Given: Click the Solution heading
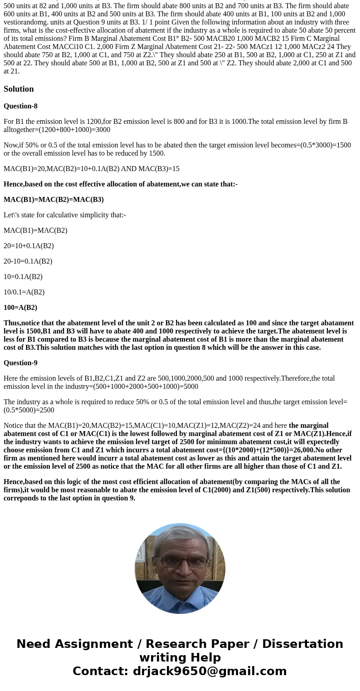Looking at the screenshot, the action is click(19, 89).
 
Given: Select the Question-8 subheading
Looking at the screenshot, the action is click(20, 106).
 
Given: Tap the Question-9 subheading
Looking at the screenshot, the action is click(20, 363).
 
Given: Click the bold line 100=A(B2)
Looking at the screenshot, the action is click(20, 308).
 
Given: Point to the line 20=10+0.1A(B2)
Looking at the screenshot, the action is click(29, 246).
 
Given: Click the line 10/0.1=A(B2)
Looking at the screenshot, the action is click(24, 292).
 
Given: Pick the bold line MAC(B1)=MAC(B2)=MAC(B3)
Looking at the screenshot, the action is click(54, 200).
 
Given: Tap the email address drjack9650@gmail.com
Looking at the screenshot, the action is click(209, 671).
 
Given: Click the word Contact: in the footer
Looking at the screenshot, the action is click(100, 671).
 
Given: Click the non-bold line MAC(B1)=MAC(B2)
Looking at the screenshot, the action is click(35, 230).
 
